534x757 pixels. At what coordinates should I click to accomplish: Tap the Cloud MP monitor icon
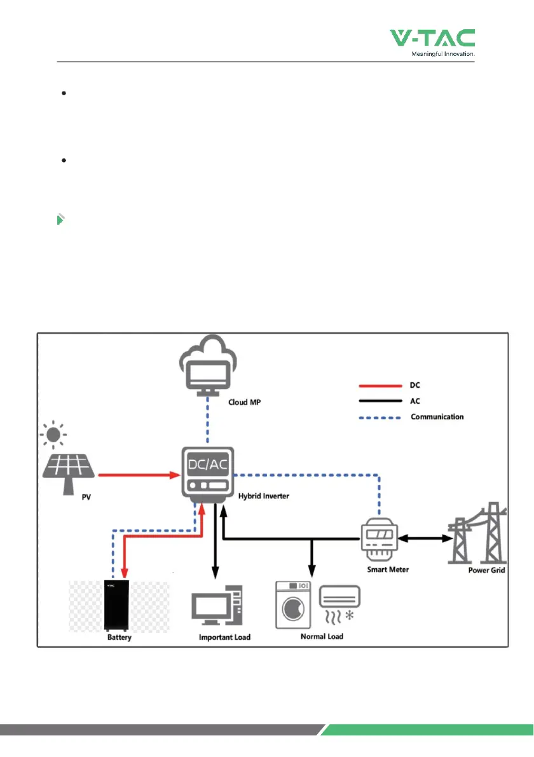click(207, 372)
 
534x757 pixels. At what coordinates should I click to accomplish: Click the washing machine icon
click(294, 603)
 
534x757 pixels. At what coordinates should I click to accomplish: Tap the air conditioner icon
click(341, 601)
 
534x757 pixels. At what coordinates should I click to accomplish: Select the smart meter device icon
click(380, 540)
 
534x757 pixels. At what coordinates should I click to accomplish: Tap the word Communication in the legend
click(437, 417)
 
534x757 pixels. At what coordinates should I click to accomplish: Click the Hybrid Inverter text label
click(263, 496)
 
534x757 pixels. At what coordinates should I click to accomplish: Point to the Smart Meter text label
click(388, 569)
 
